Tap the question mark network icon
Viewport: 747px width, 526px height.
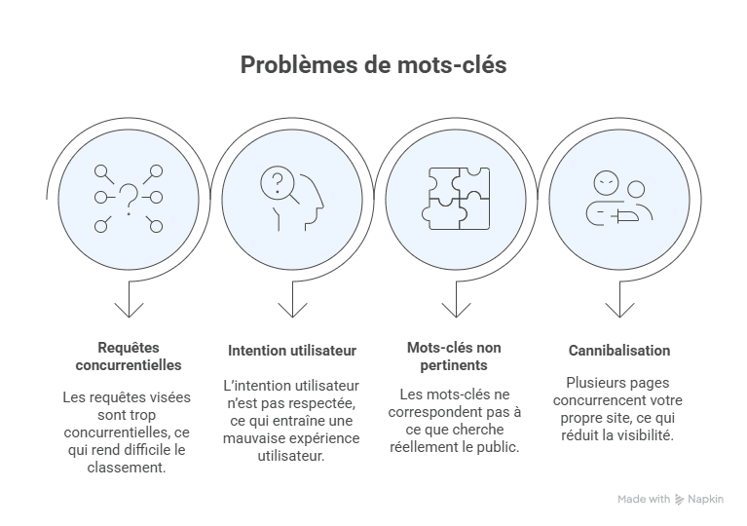tap(128, 199)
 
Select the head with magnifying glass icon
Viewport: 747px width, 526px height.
tap(291, 199)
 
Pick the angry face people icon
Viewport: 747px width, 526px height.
tap(618, 199)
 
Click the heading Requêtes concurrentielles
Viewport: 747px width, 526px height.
tap(128, 357)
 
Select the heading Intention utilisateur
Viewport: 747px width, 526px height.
tap(292, 350)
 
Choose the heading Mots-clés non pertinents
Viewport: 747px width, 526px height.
tap(455, 357)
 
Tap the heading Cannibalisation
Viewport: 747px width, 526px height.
tap(619, 350)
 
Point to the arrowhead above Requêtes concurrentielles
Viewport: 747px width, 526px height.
tap(128, 310)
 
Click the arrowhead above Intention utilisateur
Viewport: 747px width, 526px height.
tap(291, 310)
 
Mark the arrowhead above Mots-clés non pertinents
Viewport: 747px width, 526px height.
tap(455, 310)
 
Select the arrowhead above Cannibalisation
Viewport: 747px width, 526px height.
tap(618, 310)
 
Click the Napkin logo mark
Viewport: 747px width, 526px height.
tap(680, 500)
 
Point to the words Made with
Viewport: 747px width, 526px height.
tap(644, 500)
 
